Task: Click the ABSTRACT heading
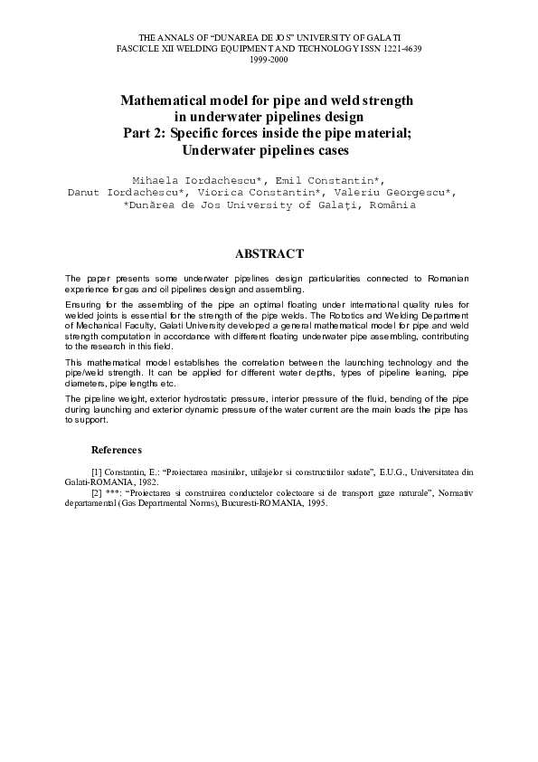(x=269, y=254)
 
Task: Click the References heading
(x=117, y=450)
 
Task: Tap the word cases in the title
(x=330, y=149)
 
